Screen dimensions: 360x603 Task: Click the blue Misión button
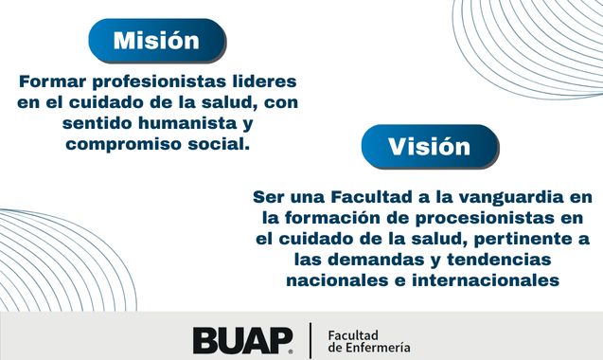tap(156, 41)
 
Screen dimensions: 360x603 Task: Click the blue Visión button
tap(429, 147)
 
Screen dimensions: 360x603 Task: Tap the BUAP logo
tap(242, 340)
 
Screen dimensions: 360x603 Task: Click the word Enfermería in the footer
tap(379, 348)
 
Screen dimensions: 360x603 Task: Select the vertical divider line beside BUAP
tap(310, 340)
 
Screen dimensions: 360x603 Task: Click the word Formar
tap(49, 81)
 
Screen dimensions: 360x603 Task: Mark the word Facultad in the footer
tap(352, 334)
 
